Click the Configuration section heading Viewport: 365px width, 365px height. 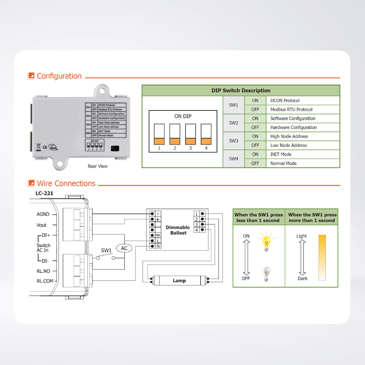(59, 76)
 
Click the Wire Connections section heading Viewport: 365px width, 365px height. (66, 184)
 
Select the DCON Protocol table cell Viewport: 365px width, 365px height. (285, 101)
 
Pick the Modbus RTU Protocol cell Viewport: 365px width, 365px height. (291, 109)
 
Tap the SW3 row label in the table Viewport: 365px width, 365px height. (233, 141)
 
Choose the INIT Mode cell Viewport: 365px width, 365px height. (281, 154)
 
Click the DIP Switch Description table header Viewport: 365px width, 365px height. (241, 91)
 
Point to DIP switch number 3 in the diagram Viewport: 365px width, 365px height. (190, 134)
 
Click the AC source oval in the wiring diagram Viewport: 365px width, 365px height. (124, 248)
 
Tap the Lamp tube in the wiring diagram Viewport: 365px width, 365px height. (179, 281)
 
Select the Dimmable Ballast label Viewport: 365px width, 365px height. (178, 230)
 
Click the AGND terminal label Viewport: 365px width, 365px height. (43, 214)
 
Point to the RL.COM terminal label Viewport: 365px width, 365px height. (45, 281)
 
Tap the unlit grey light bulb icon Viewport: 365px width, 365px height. (266, 274)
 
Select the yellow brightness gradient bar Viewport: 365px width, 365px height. (322, 257)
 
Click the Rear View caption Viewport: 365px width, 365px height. (97, 166)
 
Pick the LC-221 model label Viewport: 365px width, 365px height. (44, 194)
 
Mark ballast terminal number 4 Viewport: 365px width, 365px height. (196, 230)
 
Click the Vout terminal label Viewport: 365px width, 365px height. (42, 225)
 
